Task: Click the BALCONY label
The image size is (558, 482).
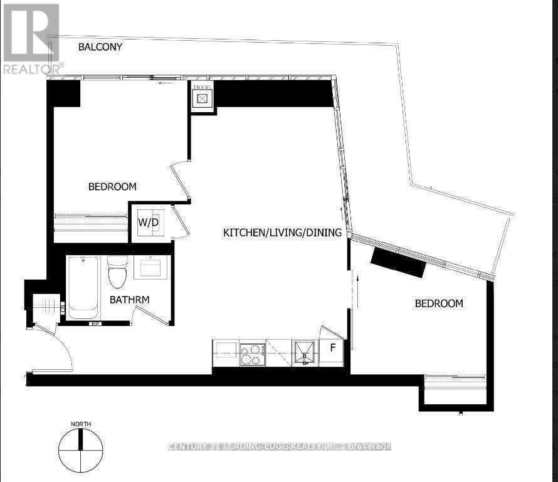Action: pyautogui.click(x=100, y=47)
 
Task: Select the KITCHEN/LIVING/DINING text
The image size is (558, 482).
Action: pyautogui.click(x=282, y=233)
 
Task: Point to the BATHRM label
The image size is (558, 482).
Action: pyautogui.click(x=129, y=300)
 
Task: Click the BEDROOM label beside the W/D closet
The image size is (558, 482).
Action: pyautogui.click(x=112, y=187)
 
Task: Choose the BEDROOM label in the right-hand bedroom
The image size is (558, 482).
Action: pyautogui.click(x=439, y=303)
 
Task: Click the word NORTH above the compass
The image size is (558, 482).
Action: pyautogui.click(x=80, y=424)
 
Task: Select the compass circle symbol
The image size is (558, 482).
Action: pyautogui.click(x=80, y=451)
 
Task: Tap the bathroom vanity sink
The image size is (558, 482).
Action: pyautogui.click(x=151, y=268)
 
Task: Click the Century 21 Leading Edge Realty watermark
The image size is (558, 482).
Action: pyautogui.click(x=280, y=446)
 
